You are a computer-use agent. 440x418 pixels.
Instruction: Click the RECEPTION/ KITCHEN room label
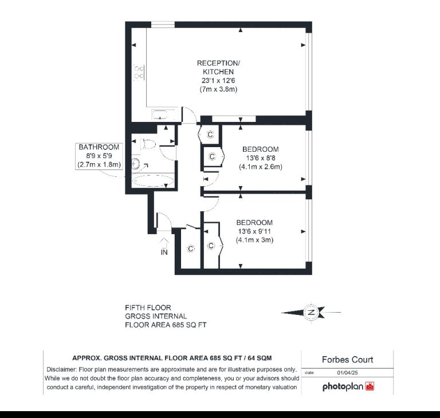point(218,68)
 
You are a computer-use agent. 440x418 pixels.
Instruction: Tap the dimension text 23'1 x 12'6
point(218,81)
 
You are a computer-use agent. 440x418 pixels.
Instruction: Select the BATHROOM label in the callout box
point(99,147)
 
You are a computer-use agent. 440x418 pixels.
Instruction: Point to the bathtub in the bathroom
point(153,181)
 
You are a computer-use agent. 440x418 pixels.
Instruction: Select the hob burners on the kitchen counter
point(139,72)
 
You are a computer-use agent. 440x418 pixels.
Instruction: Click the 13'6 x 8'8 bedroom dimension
point(261,158)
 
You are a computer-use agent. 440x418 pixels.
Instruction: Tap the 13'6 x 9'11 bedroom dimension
point(254,231)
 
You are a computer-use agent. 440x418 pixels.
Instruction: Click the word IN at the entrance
point(164,252)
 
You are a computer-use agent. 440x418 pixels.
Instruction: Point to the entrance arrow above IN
point(164,242)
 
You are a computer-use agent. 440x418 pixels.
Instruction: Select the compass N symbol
point(311,312)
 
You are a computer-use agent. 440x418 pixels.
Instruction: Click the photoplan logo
point(348,387)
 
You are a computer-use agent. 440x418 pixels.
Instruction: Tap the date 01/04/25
point(347,373)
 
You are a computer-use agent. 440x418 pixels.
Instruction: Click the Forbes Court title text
point(347,360)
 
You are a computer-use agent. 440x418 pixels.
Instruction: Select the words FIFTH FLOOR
point(148,307)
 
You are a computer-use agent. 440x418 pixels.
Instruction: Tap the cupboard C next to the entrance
point(191,249)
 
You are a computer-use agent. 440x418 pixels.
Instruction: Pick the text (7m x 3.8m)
point(218,89)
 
